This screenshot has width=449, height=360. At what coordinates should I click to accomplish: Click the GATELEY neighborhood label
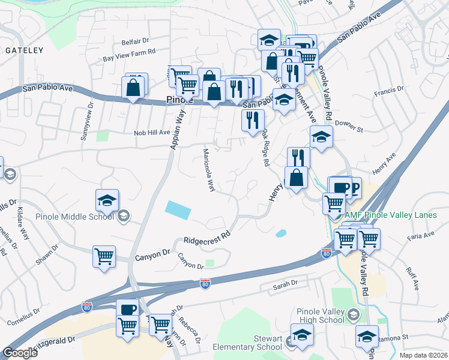coord(25,51)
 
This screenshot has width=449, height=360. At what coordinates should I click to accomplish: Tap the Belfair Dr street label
coord(135,41)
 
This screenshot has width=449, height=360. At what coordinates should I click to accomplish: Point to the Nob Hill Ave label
coord(152,133)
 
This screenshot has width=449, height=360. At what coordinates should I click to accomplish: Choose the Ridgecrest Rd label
coord(207,238)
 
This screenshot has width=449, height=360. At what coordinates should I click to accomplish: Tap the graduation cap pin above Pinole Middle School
coord(107,201)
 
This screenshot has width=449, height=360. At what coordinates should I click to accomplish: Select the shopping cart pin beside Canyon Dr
coord(104,256)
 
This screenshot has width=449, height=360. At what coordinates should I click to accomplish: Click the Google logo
coord(20,352)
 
